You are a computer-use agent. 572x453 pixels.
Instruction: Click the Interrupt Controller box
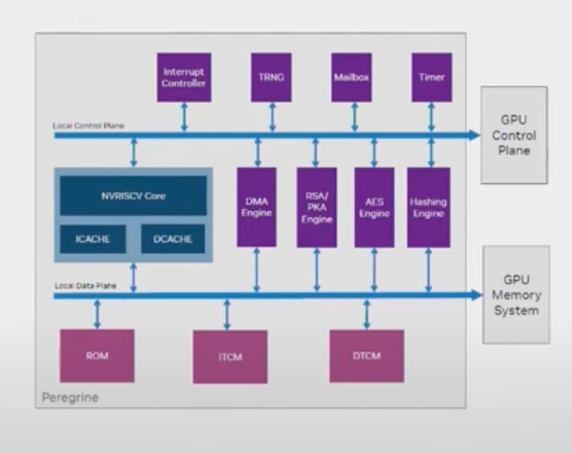coord(184,78)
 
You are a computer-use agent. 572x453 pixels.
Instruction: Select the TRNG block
coord(271,78)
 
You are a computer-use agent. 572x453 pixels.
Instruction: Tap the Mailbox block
coord(351,78)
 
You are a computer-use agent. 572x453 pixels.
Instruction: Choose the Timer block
coord(431,78)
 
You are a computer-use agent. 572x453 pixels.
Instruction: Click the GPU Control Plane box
coord(514,135)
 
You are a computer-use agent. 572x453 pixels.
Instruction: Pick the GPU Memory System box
coord(516,294)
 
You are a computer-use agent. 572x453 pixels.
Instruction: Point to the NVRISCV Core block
coord(133,196)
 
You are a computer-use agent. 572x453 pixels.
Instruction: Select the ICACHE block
coord(93,240)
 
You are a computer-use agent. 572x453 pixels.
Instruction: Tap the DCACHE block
coord(172,240)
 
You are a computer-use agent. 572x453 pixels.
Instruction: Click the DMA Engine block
coord(256,207)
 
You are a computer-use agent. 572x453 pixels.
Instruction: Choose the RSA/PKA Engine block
coord(316,207)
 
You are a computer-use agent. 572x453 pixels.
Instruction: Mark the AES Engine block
coord(374,207)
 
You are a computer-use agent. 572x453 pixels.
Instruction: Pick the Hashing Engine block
coord(428,207)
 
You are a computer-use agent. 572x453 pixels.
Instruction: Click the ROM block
coord(97,355)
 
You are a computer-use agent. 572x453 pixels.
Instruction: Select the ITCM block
coord(230,357)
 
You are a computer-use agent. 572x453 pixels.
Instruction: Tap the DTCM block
coord(366,356)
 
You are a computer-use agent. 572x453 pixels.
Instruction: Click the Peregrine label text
coord(70,398)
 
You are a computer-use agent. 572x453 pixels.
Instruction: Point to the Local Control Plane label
coord(89,126)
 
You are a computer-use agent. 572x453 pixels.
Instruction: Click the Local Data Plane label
coord(84,285)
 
